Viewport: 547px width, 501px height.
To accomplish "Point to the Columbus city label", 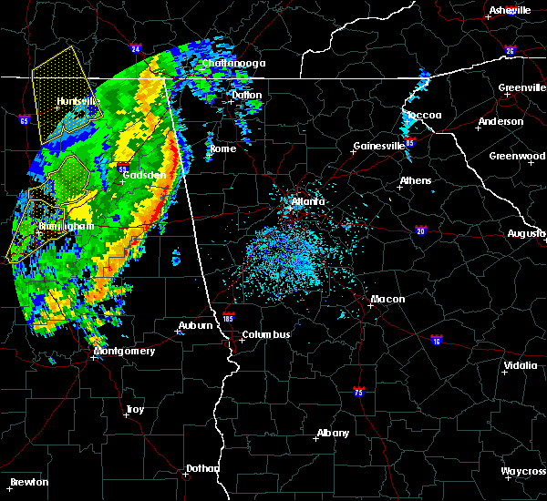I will (265, 334).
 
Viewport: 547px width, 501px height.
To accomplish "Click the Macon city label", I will (387, 299).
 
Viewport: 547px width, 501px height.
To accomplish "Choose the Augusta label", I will (526, 233).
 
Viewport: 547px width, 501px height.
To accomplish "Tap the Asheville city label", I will (510, 10).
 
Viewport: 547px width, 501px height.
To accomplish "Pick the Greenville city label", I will (522, 88).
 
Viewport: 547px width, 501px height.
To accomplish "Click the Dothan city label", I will (202, 468).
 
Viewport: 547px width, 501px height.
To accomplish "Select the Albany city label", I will (332, 433).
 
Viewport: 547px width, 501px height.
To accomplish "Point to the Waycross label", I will (523, 471).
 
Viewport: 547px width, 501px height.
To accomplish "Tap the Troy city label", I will (135, 410).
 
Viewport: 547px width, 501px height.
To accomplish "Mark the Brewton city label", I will (29, 482).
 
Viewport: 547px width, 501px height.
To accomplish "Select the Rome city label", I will (222, 148).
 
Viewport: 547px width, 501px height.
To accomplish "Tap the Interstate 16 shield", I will (436, 340).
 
